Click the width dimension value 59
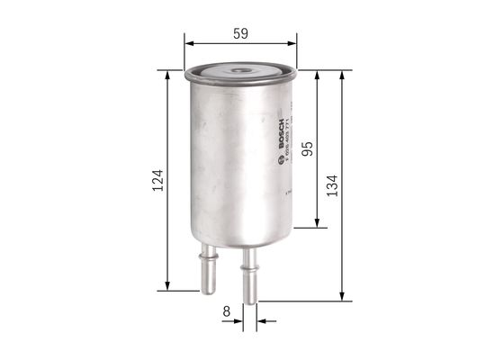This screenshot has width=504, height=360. [x=241, y=33]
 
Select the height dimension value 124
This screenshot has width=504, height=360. [x=158, y=184]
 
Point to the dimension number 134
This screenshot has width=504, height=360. [x=332, y=184]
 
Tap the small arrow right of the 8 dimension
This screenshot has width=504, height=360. [x=261, y=318]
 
